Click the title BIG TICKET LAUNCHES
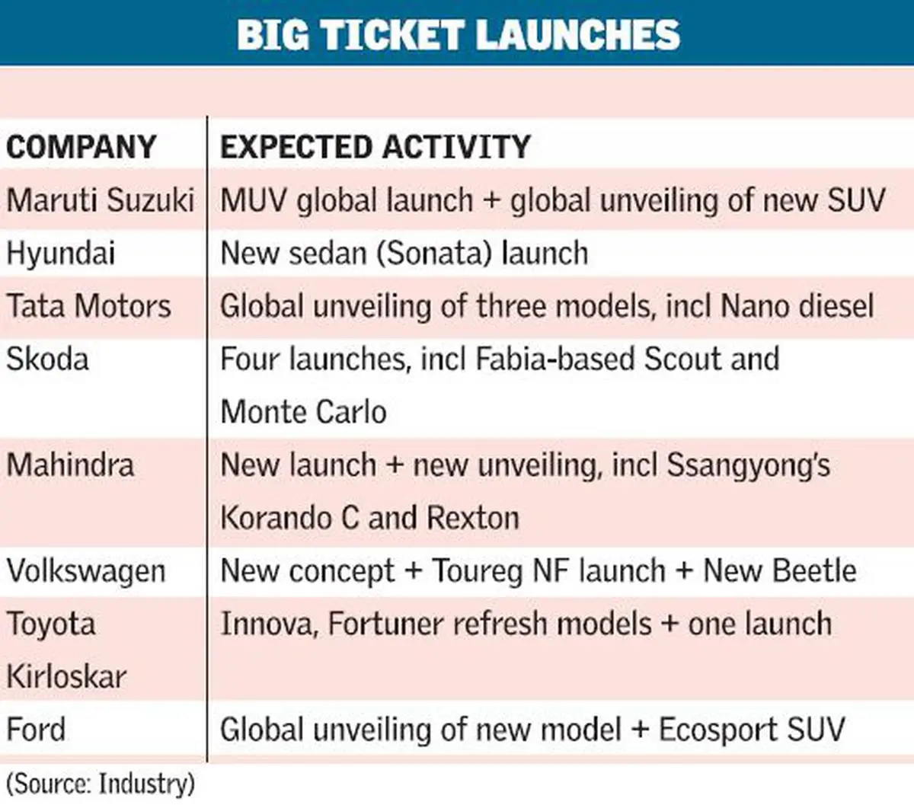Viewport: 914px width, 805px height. click(x=459, y=35)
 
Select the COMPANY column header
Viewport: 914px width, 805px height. click(x=81, y=147)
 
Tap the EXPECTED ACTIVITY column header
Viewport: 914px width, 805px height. click(x=376, y=147)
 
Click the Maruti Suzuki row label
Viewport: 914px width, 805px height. click(x=100, y=200)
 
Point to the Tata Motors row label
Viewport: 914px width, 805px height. click(x=89, y=306)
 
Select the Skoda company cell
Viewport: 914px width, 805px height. click(x=47, y=359)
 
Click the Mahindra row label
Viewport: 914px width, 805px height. click(x=70, y=465)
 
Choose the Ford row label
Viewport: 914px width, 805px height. click(x=36, y=729)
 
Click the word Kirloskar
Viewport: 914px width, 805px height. click(x=66, y=677)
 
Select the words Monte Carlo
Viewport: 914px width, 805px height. click(x=304, y=412)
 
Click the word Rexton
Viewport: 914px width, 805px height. click(x=473, y=518)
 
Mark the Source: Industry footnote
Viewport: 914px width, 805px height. click(x=101, y=784)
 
